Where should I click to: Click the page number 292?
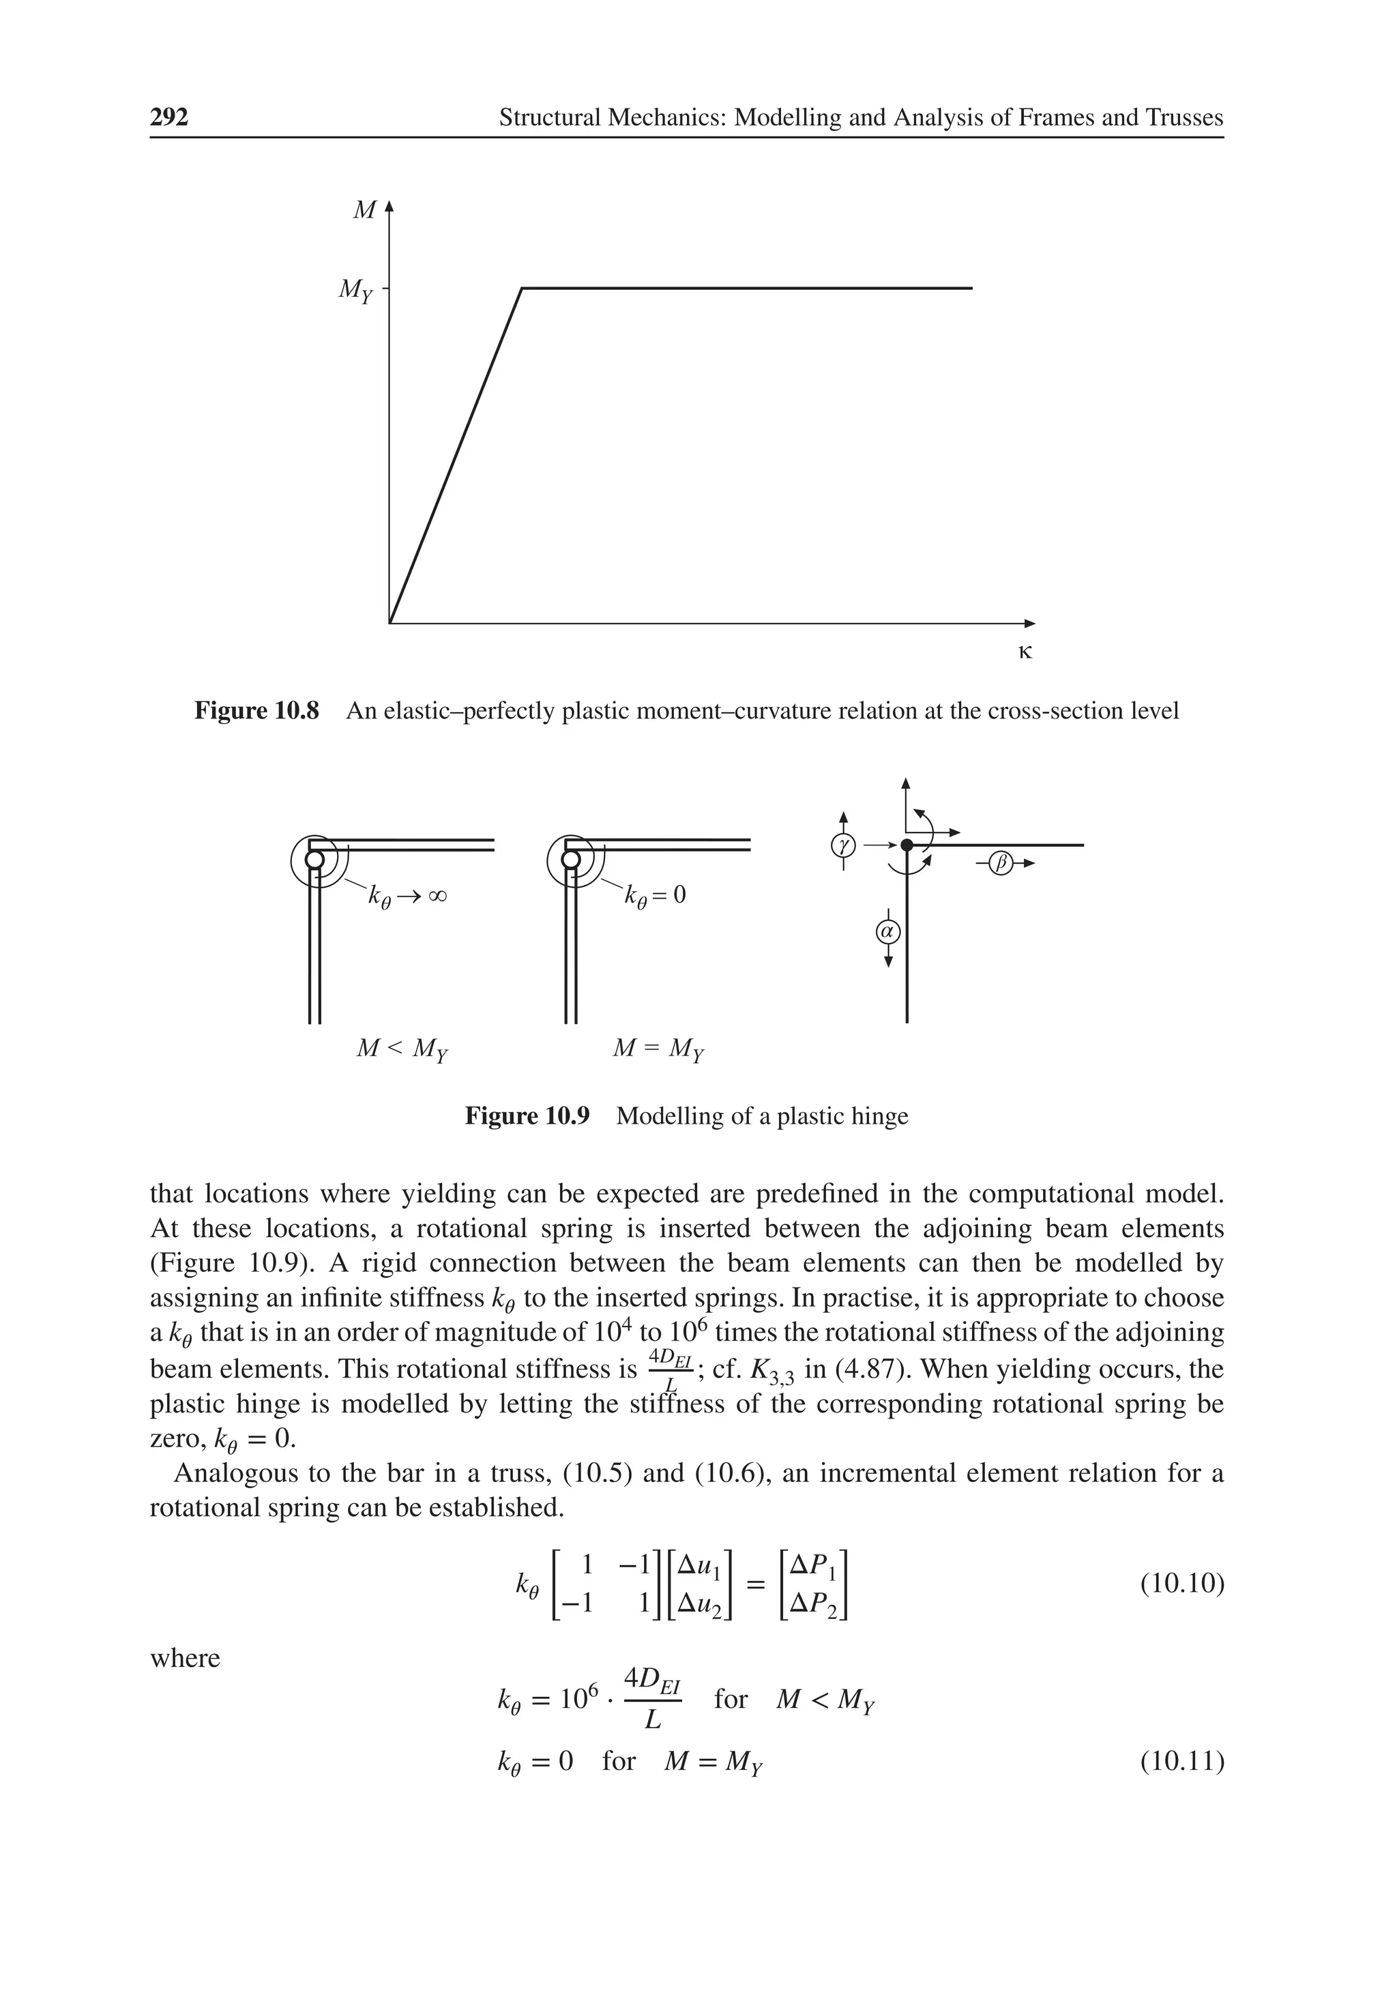tap(169, 117)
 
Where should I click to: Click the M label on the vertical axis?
tap(364, 211)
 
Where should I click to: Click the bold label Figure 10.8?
tap(257, 711)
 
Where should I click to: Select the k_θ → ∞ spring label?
tap(407, 897)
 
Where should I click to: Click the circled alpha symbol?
tap(887, 931)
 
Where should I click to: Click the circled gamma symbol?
tap(842, 845)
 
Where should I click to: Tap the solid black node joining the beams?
tap(907, 845)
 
